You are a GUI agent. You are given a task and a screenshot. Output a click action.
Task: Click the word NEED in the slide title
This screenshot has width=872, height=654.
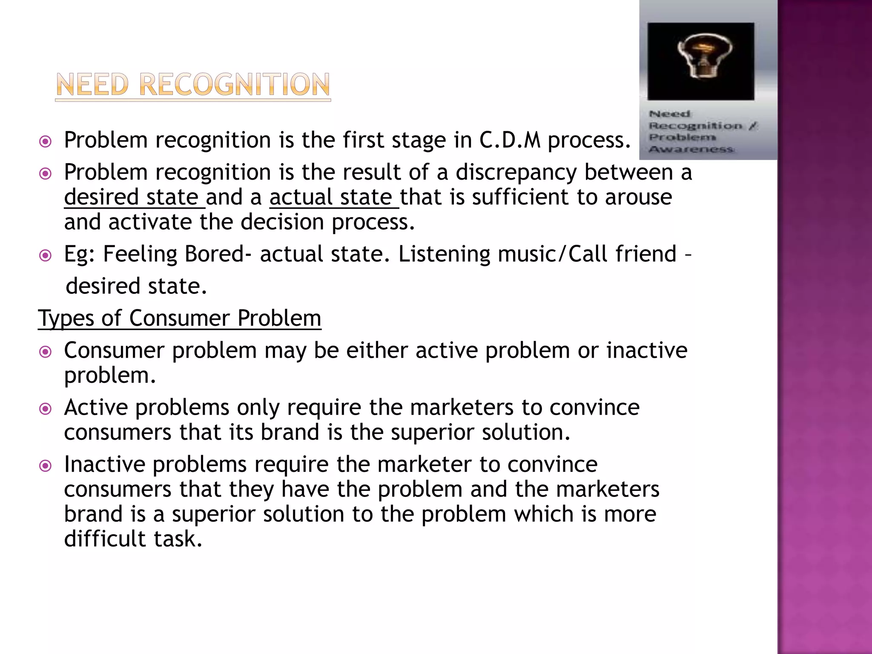pyautogui.click(x=92, y=85)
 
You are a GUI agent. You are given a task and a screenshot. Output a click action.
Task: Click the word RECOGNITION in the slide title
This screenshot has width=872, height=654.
pyautogui.click(x=234, y=85)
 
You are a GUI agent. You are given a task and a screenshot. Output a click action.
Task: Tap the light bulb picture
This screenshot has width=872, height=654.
pyautogui.click(x=700, y=61)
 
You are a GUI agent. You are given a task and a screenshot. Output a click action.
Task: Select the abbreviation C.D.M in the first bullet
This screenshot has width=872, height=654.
pyautogui.click(x=510, y=140)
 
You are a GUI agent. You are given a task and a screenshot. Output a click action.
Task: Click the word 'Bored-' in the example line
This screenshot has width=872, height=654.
pyautogui.click(x=218, y=254)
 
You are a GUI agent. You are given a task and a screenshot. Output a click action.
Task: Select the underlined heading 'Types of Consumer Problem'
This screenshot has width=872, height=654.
pyautogui.click(x=179, y=318)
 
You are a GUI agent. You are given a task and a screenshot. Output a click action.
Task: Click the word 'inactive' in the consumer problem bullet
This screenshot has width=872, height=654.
pyautogui.click(x=647, y=350)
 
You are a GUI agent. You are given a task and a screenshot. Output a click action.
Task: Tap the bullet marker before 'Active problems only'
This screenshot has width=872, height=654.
pyautogui.click(x=45, y=409)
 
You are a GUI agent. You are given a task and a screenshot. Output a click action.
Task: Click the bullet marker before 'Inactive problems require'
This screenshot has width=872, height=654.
pyautogui.click(x=45, y=466)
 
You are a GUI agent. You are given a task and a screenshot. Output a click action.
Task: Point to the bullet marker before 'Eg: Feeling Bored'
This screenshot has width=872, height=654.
pyautogui.click(x=45, y=255)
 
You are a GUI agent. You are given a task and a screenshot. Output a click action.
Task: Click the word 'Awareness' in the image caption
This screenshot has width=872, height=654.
pyautogui.click(x=691, y=149)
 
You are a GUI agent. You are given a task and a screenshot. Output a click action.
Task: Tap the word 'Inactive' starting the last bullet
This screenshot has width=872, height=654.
pyautogui.click(x=104, y=464)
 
